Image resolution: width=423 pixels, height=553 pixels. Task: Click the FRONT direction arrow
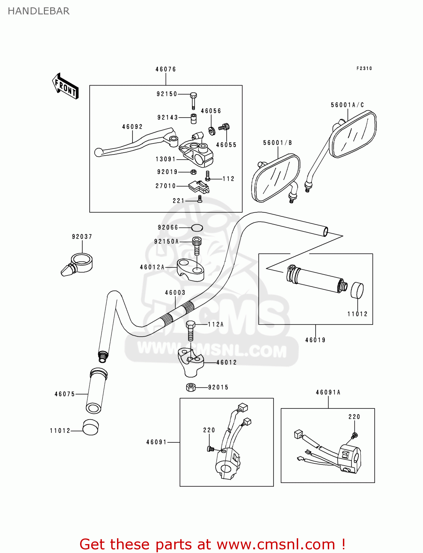click(65, 86)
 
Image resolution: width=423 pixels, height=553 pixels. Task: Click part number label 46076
click(166, 69)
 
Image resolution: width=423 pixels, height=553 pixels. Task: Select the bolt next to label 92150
click(193, 100)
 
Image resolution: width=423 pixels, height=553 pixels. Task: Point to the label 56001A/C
click(347, 105)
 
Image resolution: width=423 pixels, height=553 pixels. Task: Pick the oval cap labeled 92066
click(197, 227)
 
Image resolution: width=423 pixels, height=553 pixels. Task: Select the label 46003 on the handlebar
click(175, 293)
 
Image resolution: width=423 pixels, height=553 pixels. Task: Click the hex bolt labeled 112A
click(190, 331)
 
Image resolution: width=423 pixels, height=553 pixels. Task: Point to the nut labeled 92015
click(191, 387)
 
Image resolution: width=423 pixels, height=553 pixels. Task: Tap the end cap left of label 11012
click(90, 428)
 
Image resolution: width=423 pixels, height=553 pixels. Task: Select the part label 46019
click(315, 340)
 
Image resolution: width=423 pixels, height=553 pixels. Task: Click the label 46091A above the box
click(328, 393)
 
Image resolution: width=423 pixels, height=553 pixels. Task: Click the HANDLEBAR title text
click(39, 11)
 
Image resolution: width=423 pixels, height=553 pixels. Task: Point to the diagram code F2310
click(364, 69)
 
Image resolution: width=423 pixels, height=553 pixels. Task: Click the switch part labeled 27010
click(199, 187)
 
